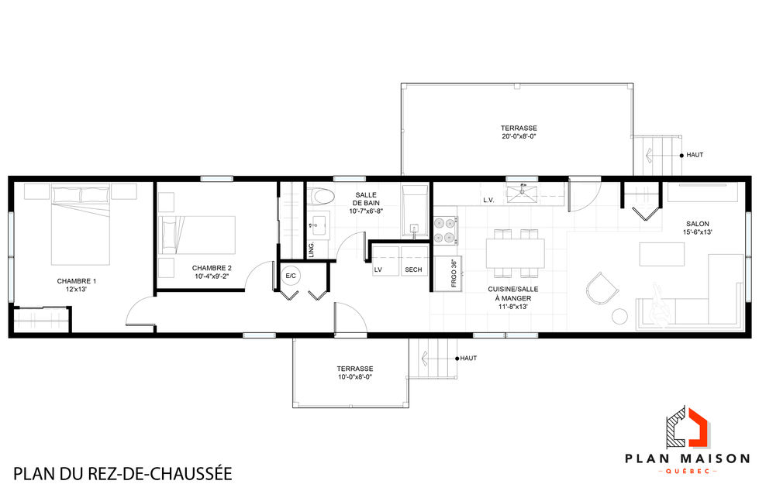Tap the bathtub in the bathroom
coord(415,210)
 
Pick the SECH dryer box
coord(413,269)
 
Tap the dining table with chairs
coord(515,252)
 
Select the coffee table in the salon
coord(661,254)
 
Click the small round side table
coord(619,315)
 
